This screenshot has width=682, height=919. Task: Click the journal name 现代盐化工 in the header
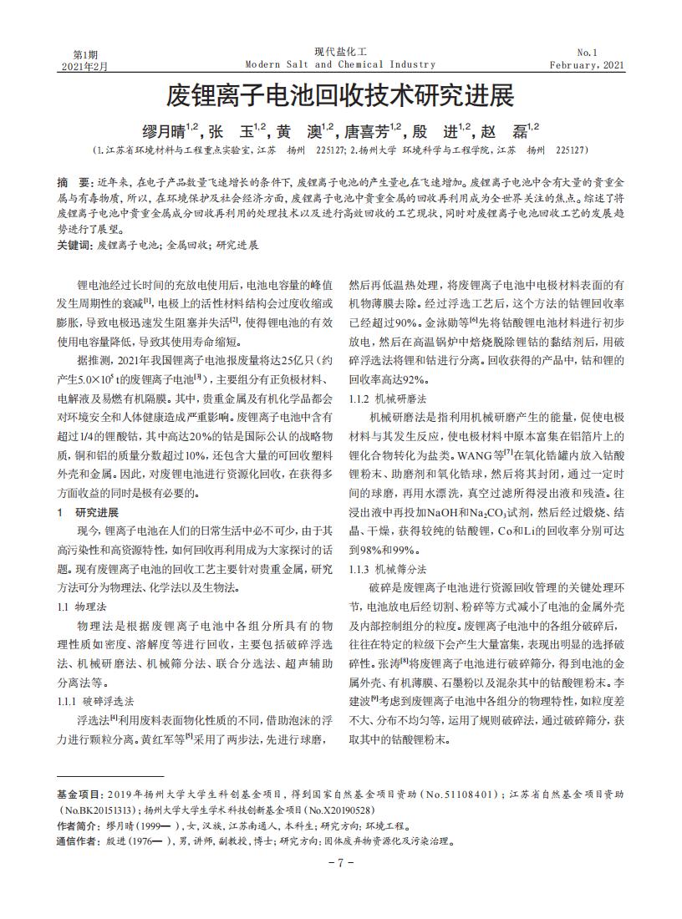340,52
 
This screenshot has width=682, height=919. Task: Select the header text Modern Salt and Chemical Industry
340,64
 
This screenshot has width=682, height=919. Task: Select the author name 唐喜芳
368,130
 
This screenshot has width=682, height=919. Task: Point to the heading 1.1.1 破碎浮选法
94,700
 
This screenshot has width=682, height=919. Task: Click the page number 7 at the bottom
340,862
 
